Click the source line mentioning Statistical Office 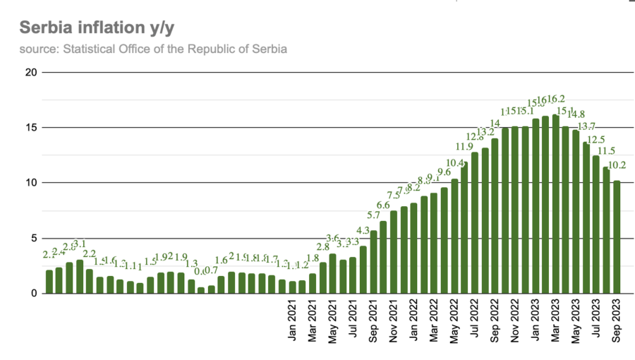click(x=153, y=49)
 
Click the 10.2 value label click(x=617, y=165)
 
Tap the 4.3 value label click(x=363, y=231)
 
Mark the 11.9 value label click(x=464, y=147)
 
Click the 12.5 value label click(x=597, y=140)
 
